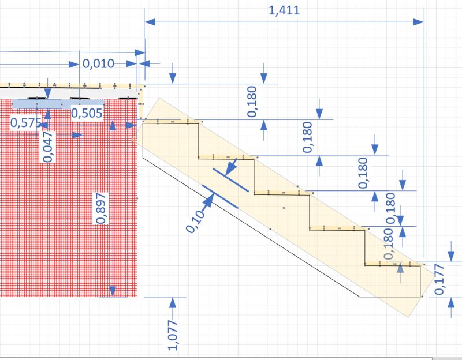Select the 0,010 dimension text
pyautogui.click(x=98, y=64)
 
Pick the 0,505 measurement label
pyautogui.click(x=87, y=113)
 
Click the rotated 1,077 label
pyautogui.click(x=173, y=334)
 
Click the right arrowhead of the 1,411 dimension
pyautogui.click(x=418, y=21)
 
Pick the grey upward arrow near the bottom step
pyautogui.click(x=400, y=269)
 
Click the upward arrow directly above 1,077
pyautogui.click(x=173, y=302)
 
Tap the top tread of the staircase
pyautogui.click(x=171, y=123)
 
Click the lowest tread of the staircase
pyautogui.click(x=393, y=265)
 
